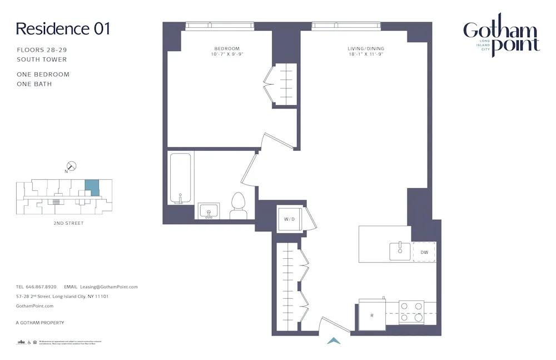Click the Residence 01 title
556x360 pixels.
(x=63, y=29)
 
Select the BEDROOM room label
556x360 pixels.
(x=227, y=48)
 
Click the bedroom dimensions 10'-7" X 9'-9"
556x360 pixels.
(x=227, y=55)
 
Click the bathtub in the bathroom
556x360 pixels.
(x=180, y=179)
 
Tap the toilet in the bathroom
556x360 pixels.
(x=239, y=206)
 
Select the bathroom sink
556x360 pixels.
(x=209, y=211)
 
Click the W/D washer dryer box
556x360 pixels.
(x=290, y=219)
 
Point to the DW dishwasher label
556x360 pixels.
(x=424, y=252)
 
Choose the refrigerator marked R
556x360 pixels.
(x=371, y=315)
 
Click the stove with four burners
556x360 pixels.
(x=412, y=312)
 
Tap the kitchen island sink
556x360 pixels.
(x=399, y=251)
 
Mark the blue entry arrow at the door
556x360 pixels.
(x=334, y=341)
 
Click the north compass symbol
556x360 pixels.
(x=71, y=166)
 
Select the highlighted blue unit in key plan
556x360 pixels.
(x=92, y=188)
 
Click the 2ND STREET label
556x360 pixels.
(x=66, y=223)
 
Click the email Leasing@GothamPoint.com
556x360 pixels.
(x=109, y=287)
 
